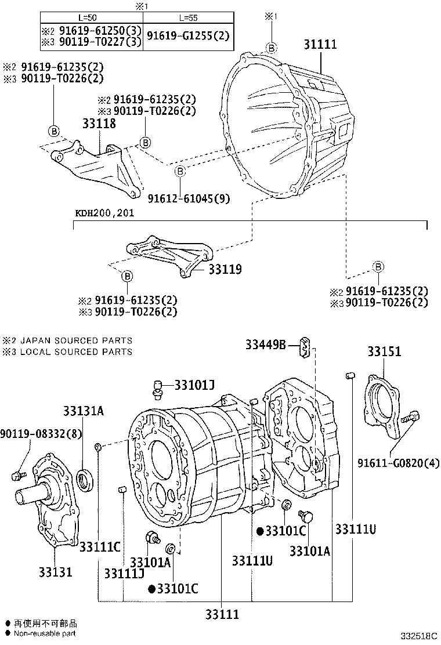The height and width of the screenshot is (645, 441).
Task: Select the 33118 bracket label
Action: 99,124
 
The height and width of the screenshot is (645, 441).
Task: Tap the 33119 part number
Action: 225,270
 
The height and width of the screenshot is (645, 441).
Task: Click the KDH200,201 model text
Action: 104,213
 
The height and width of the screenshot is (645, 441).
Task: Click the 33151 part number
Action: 384,352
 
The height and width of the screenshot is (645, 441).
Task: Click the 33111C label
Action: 100,546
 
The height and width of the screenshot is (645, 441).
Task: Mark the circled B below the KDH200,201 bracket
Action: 127,276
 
